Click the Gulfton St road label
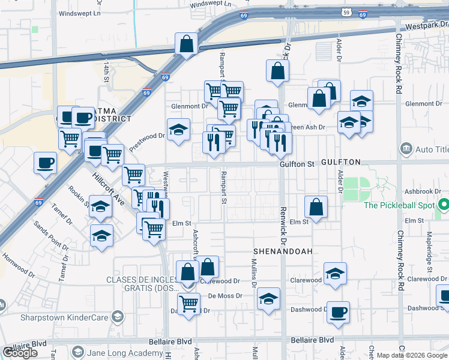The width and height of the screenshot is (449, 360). pos(297,164)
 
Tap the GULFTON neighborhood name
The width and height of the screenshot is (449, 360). pos(340,163)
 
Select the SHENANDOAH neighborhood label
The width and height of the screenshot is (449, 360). pos(283,251)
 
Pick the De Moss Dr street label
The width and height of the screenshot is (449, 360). pos(225,296)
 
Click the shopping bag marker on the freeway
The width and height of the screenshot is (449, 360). pos(186,44)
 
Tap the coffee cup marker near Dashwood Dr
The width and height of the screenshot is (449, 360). pos(339,312)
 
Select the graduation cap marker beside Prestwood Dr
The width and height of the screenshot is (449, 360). pos(178,130)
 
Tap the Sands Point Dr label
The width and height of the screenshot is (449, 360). pos(52,236)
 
